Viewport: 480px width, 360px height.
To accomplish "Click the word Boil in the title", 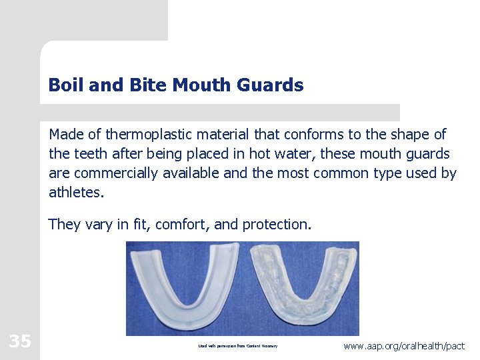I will (x=63, y=85).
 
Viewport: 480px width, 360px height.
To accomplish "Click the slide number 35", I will (x=19, y=342).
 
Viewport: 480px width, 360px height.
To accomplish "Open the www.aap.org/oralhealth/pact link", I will (x=404, y=346).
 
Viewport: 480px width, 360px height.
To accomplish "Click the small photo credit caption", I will (x=237, y=346).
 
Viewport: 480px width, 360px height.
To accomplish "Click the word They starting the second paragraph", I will (x=64, y=225).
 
